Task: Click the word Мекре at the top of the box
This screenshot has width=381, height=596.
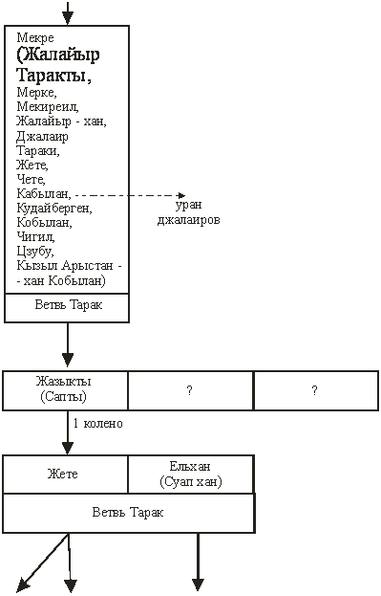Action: (x=35, y=37)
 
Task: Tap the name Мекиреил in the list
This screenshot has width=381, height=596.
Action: (x=48, y=107)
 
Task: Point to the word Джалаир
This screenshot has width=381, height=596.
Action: (x=42, y=136)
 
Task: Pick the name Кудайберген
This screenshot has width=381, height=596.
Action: (x=54, y=209)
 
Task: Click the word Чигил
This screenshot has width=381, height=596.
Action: (x=35, y=237)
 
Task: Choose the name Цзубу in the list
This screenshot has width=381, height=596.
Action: (x=35, y=252)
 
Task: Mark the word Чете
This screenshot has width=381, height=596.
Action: (x=32, y=179)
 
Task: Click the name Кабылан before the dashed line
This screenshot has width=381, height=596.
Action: (x=44, y=194)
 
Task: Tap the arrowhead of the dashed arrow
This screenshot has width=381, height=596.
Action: (x=181, y=195)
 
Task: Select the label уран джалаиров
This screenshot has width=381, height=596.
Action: (x=189, y=212)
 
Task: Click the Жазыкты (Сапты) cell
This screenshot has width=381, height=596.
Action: (x=65, y=390)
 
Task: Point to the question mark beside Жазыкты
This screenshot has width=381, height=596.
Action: (x=191, y=390)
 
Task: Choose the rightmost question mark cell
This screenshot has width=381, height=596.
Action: (x=316, y=390)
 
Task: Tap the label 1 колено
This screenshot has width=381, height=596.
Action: (x=98, y=424)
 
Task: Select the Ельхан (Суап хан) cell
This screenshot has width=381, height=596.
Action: (x=191, y=474)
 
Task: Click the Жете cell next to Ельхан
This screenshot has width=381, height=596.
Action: (x=65, y=474)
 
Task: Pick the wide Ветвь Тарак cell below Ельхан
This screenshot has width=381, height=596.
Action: (x=129, y=513)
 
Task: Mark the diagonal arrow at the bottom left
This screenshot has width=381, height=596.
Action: (x=43, y=562)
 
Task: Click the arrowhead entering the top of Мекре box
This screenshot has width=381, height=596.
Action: (x=68, y=18)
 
